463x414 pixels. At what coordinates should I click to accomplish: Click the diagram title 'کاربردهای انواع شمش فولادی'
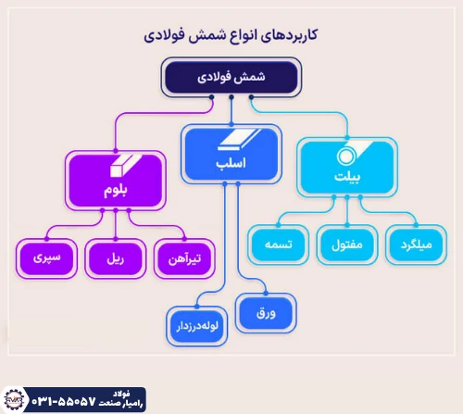231,36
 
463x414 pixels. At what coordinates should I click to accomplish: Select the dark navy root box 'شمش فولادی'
231,78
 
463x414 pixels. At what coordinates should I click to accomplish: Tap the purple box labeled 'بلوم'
115,182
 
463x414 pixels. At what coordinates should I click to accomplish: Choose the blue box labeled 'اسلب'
230,152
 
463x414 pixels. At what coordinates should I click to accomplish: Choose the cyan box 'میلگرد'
416,245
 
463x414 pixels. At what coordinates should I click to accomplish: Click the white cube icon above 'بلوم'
115,166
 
